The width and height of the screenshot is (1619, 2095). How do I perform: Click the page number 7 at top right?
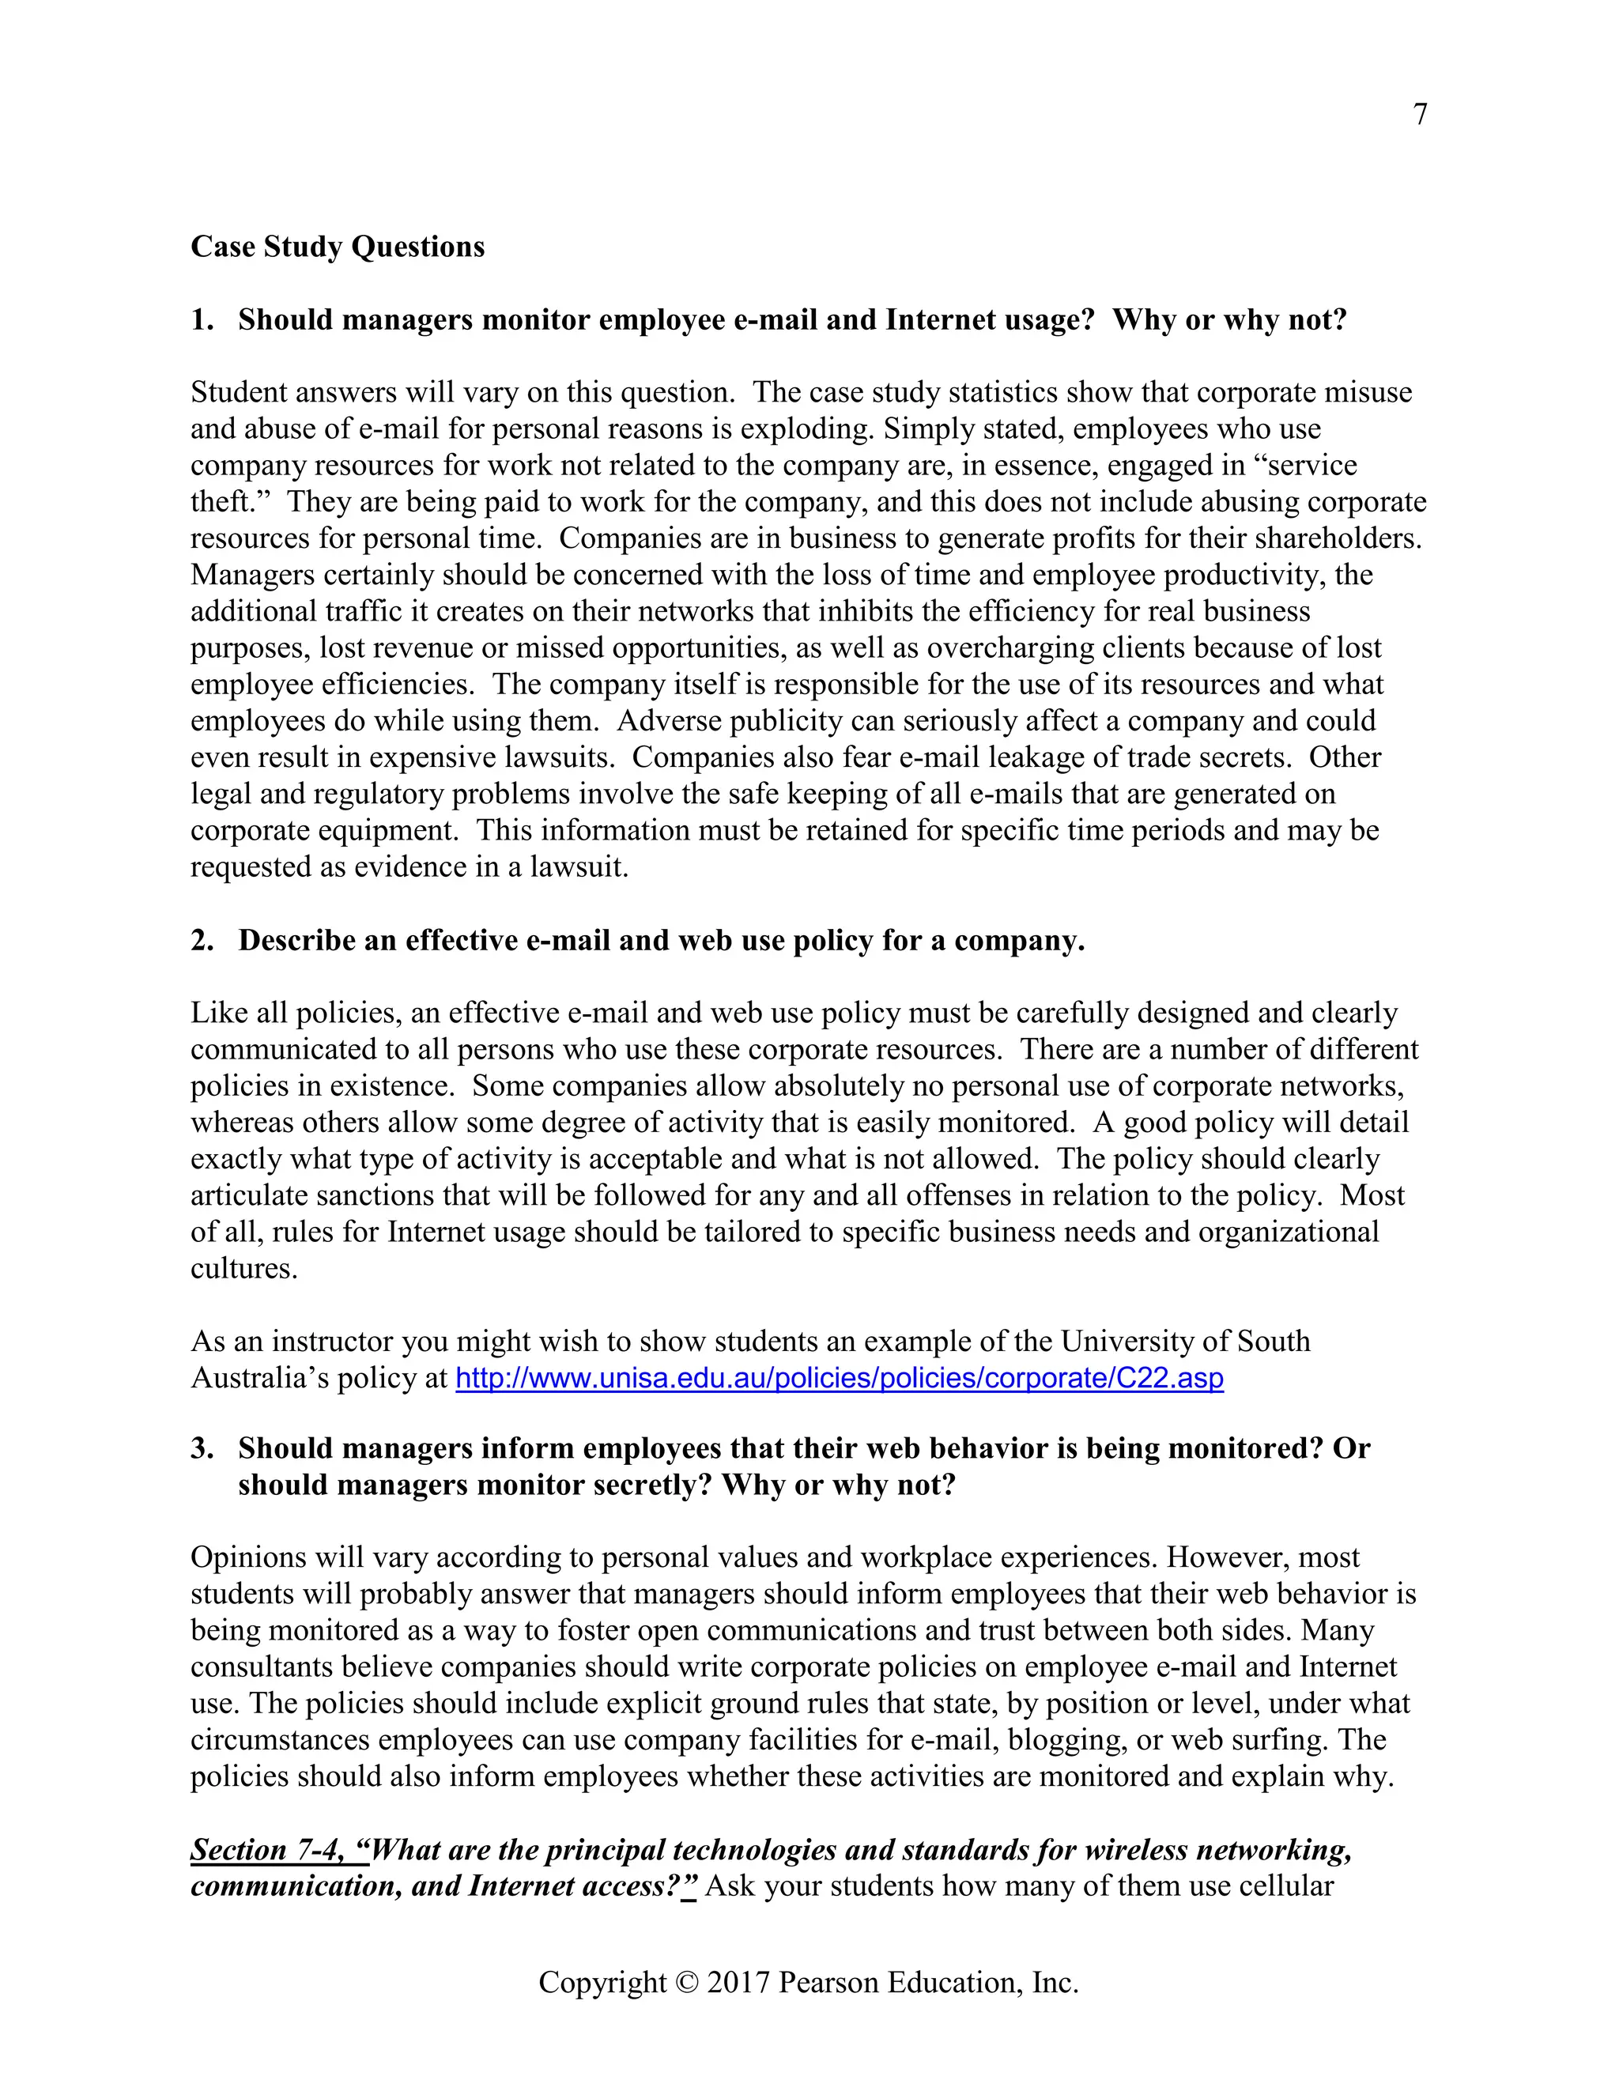1420,114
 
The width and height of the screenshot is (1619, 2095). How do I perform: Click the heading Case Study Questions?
338,247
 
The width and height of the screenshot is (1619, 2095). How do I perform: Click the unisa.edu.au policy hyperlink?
840,1379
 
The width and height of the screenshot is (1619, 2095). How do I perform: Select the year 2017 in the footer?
738,1983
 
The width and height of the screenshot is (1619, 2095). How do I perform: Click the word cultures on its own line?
243,1268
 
